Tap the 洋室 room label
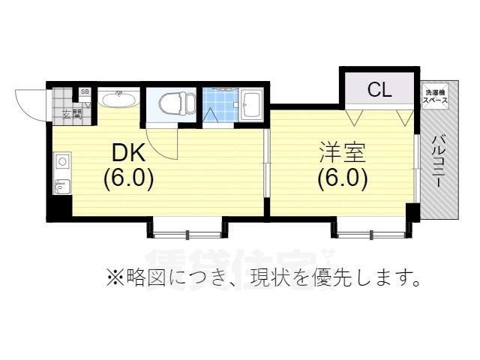(341, 153)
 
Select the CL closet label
(379, 91)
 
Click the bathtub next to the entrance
(117, 100)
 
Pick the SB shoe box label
(84, 92)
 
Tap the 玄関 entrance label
(72, 114)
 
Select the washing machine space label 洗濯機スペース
(435, 95)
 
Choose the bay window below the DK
(187, 227)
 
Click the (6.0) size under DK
(128, 180)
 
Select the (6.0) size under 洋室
(342, 180)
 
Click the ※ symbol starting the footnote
(113, 279)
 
